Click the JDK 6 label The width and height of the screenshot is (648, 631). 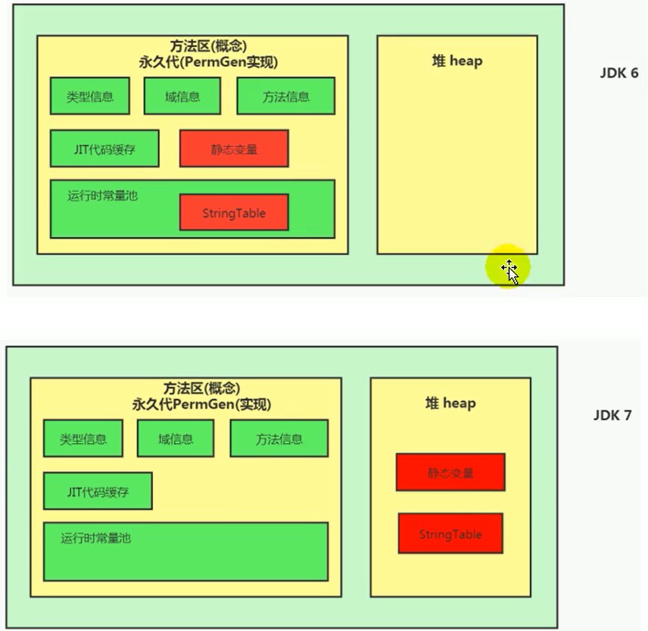click(x=619, y=73)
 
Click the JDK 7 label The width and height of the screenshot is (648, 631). click(x=612, y=415)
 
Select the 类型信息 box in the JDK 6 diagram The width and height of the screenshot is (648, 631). click(x=89, y=96)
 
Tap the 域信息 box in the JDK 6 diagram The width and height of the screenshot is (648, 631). click(x=182, y=96)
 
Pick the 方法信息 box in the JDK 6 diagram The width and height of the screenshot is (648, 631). click(x=286, y=96)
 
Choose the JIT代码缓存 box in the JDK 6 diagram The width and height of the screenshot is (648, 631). click(x=104, y=149)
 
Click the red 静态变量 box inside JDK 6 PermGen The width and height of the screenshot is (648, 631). click(x=234, y=149)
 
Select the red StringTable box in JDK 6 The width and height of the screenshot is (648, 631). click(x=234, y=213)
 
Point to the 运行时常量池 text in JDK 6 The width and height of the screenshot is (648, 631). click(x=102, y=195)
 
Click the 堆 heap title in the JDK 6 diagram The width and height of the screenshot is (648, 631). click(x=457, y=61)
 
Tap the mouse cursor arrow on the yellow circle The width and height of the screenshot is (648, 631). click(x=512, y=273)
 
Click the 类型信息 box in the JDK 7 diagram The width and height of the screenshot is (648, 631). click(x=83, y=439)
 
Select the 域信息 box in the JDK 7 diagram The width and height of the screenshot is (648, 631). click(x=176, y=439)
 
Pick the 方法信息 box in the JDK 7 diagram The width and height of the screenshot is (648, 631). click(x=279, y=439)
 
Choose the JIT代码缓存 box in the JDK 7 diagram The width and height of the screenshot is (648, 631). click(x=98, y=491)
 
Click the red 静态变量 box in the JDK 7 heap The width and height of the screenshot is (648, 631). click(x=450, y=473)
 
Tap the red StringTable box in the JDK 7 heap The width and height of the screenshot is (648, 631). click(x=450, y=533)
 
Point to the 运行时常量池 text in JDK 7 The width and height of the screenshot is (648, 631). click(x=96, y=538)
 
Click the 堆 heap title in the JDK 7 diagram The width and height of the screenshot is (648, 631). click(x=450, y=403)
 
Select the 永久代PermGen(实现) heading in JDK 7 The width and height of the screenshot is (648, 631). click(x=201, y=405)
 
